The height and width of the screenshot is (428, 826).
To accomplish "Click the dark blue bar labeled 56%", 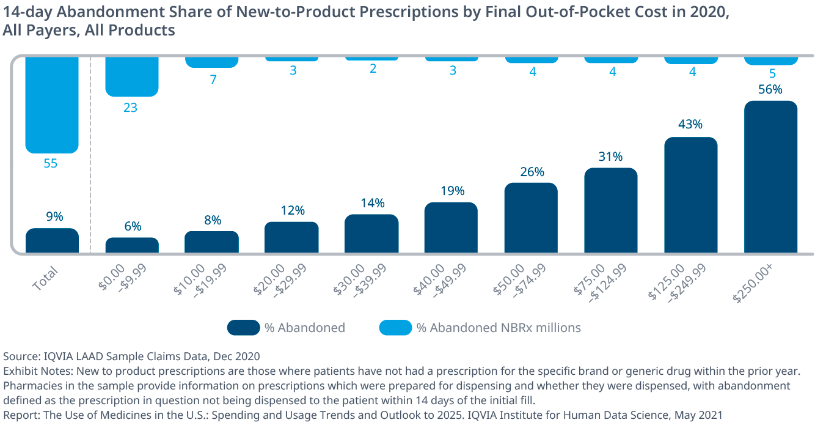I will [x=770, y=177].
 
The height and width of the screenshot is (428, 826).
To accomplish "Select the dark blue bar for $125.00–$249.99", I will [x=690, y=195].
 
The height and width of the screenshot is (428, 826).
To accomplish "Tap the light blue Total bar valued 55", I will [x=52, y=104].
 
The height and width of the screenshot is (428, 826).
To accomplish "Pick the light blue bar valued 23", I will [x=132, y=76].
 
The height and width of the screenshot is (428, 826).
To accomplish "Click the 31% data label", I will [x=610, y=157].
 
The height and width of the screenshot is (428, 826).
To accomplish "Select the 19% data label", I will [x=452, y=191].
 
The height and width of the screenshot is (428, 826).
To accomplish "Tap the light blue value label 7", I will [x=213, y=79].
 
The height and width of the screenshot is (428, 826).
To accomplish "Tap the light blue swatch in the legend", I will [x=395, y=328].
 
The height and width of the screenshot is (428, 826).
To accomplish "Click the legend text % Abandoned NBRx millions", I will [x=499, y=328].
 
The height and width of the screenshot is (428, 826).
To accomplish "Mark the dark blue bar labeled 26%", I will [x=531, y=218].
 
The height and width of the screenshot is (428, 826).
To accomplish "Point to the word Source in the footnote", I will [x=19, y=356].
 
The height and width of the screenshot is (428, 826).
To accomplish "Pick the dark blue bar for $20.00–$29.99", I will [x=291, y=237].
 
